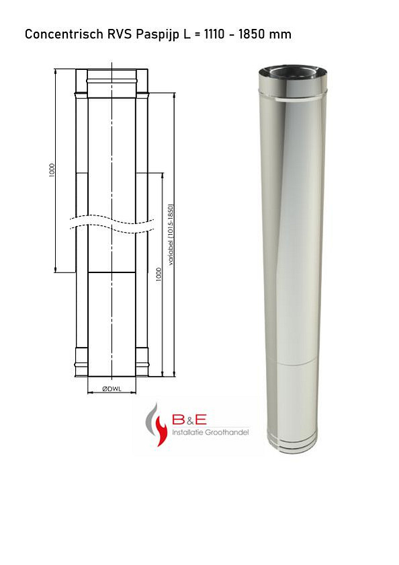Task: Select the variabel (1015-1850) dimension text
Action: pos(171,235)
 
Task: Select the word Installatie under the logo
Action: pos(190,432)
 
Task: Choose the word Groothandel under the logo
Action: pos(228,432)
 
